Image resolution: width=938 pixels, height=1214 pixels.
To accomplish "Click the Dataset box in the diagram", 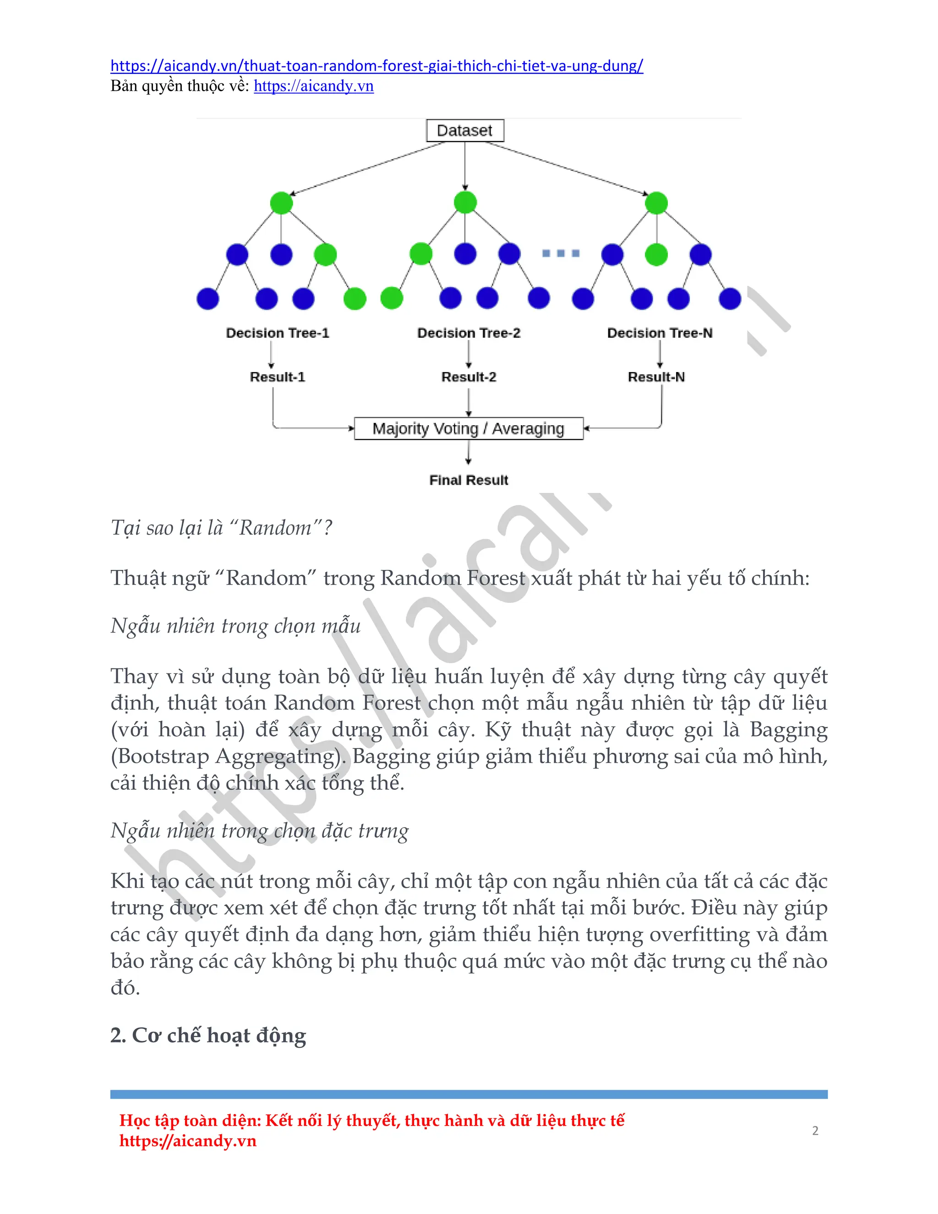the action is (x=464, y=131).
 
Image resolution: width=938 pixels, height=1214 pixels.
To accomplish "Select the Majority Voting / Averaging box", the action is (x=469, y=429).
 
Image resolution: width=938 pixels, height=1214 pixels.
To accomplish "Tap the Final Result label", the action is (x=469, y=480).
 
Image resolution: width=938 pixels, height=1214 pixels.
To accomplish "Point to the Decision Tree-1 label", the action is (x=277, y=333).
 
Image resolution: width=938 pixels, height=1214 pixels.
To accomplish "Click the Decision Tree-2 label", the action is (x=469, y=333).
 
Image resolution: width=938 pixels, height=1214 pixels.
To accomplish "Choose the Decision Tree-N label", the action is (x=660, y=333).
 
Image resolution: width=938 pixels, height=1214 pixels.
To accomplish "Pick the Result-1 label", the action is (x=277, y=377).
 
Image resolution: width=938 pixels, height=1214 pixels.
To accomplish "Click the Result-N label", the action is (x=656, y=377).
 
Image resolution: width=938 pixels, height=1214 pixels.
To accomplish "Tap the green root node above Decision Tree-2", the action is (x=465, y=202).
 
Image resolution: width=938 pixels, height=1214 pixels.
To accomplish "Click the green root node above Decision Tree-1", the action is (x=281, y=203).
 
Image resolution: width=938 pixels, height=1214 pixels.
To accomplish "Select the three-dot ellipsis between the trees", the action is (x=561, y=253).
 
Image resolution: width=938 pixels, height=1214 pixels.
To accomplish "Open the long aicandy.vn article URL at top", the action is (x=377, y=66).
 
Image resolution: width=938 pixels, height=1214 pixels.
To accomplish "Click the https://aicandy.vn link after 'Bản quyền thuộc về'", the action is (x=313, y=86).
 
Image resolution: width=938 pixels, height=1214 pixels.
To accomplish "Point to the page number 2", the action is (x=815, y=1131).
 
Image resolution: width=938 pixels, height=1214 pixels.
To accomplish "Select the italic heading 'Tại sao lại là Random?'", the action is (x=221, y=527).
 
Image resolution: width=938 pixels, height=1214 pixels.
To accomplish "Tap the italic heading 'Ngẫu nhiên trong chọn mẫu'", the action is (x=235, y=626).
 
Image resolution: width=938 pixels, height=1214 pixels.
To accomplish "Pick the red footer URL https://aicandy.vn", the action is (x=188, y=1141).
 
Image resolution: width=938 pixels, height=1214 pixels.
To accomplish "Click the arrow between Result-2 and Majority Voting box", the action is (x=469, y=402).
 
